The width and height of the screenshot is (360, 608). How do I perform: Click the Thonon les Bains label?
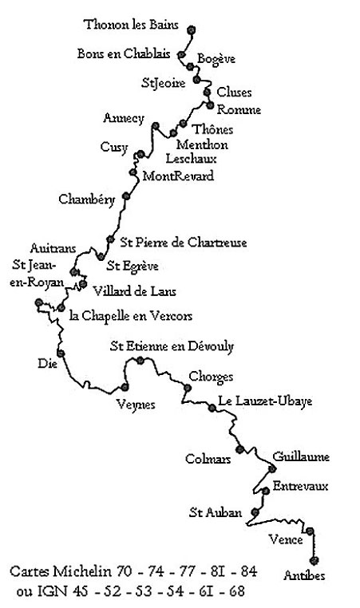pyautogui.click(x=131, y=25)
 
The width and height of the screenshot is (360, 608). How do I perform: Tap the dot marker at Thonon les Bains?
pyautogui.click(x=191, y=30)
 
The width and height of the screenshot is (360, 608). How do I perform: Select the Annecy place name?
pyautogui.click(x=124, y=118)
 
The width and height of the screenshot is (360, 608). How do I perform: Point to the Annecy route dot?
pyautogui.click(x=156, y=125)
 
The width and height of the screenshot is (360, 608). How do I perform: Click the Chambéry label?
pyautogui.click(x=87, y=199)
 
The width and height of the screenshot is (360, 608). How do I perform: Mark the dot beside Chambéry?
pyautogui.click(x=125, y=195)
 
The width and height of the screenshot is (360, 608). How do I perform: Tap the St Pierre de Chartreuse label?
pyautogui.click(x=184, y=243)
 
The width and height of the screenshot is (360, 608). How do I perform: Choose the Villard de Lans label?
pyautogui.click(x=135, y=291)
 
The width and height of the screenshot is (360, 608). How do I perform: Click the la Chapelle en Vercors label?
pyautogui.click(x=131, y=316)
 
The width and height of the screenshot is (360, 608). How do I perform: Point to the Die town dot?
pyautogui.click(x=61, y=353)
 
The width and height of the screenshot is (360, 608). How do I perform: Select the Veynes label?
pyautogui.click(x=136, y=405)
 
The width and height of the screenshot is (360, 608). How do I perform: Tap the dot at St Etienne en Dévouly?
pyautogui.click(x=140, y=361)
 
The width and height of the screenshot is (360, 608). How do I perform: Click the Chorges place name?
pyautogui.click(x=211, y=377)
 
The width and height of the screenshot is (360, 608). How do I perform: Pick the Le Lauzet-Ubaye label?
pyautogui.click(x=265, y=401)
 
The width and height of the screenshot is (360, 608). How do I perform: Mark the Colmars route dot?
pyautogui.click(x=240, y=449)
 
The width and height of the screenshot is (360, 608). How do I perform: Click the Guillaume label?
pyautogui.click(x=301, y=456)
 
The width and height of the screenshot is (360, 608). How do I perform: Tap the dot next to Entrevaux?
pyautogui.click(x=266, y=491)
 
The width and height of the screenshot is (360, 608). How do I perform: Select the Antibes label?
pyautogui.click(x=304, y=575)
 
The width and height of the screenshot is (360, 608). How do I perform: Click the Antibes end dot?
pyautogui.click(x=314, y=560)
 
